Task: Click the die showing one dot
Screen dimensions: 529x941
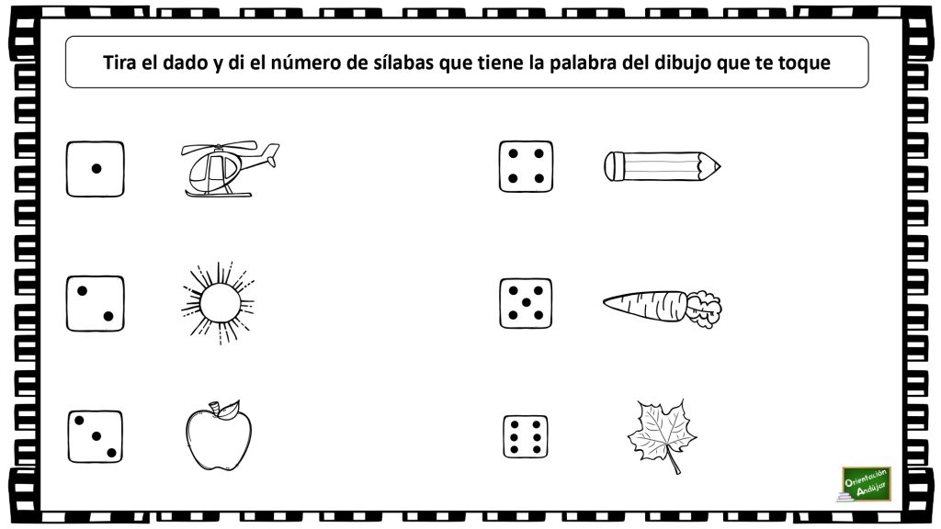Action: point(95,168)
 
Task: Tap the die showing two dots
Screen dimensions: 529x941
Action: point(95,303)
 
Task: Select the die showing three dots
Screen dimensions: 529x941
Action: point(95,435)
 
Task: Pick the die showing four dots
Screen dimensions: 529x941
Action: point(526,166)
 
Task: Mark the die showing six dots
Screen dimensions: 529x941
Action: point(526,435)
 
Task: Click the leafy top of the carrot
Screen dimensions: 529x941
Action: point(706,308)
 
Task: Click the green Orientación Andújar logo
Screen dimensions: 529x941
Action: point(865,484)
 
